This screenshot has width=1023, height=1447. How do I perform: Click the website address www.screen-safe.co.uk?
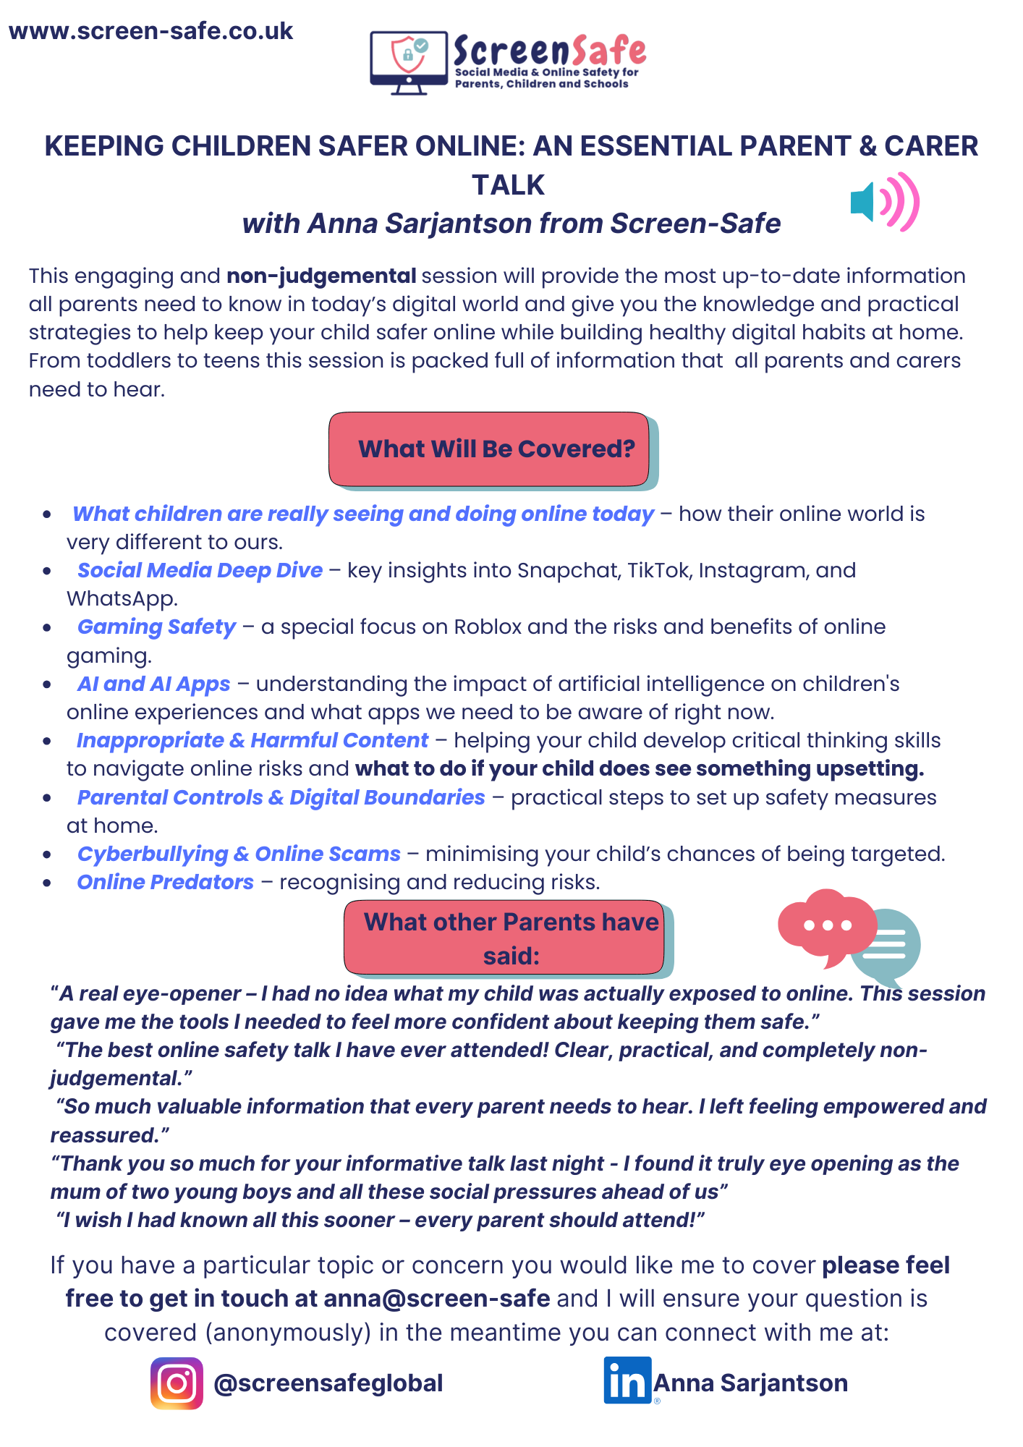coord(150,32)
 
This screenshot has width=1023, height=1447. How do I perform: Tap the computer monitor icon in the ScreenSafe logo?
coord(409,61)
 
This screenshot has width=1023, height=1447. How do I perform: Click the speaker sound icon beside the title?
coord(884,202)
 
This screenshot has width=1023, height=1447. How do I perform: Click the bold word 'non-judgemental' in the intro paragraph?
coord(321,276)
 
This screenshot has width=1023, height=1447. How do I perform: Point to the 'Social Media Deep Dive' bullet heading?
coord(200,571)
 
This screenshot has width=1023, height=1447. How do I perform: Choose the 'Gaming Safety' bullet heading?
coord(156,627)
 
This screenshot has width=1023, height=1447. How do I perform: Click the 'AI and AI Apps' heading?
coord(153,684)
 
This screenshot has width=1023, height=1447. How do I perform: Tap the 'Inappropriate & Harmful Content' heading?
coord(252,741)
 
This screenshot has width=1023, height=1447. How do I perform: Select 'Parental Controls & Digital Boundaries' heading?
coord(281,797)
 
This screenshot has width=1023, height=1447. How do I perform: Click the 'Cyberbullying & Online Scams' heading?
coord(239,854)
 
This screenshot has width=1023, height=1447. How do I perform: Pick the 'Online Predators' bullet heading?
coord(165,883)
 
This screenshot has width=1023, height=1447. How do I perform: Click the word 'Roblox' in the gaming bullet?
coord(487,627)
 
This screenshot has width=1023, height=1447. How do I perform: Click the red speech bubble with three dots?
coord(825,926)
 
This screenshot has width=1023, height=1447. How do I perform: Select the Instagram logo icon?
coord(177,1383)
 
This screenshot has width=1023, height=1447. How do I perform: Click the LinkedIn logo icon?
coord(627,1380)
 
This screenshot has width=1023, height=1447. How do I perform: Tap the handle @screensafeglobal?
coord(328,1383)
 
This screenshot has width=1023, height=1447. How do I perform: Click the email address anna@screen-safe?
coord(436,1299)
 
